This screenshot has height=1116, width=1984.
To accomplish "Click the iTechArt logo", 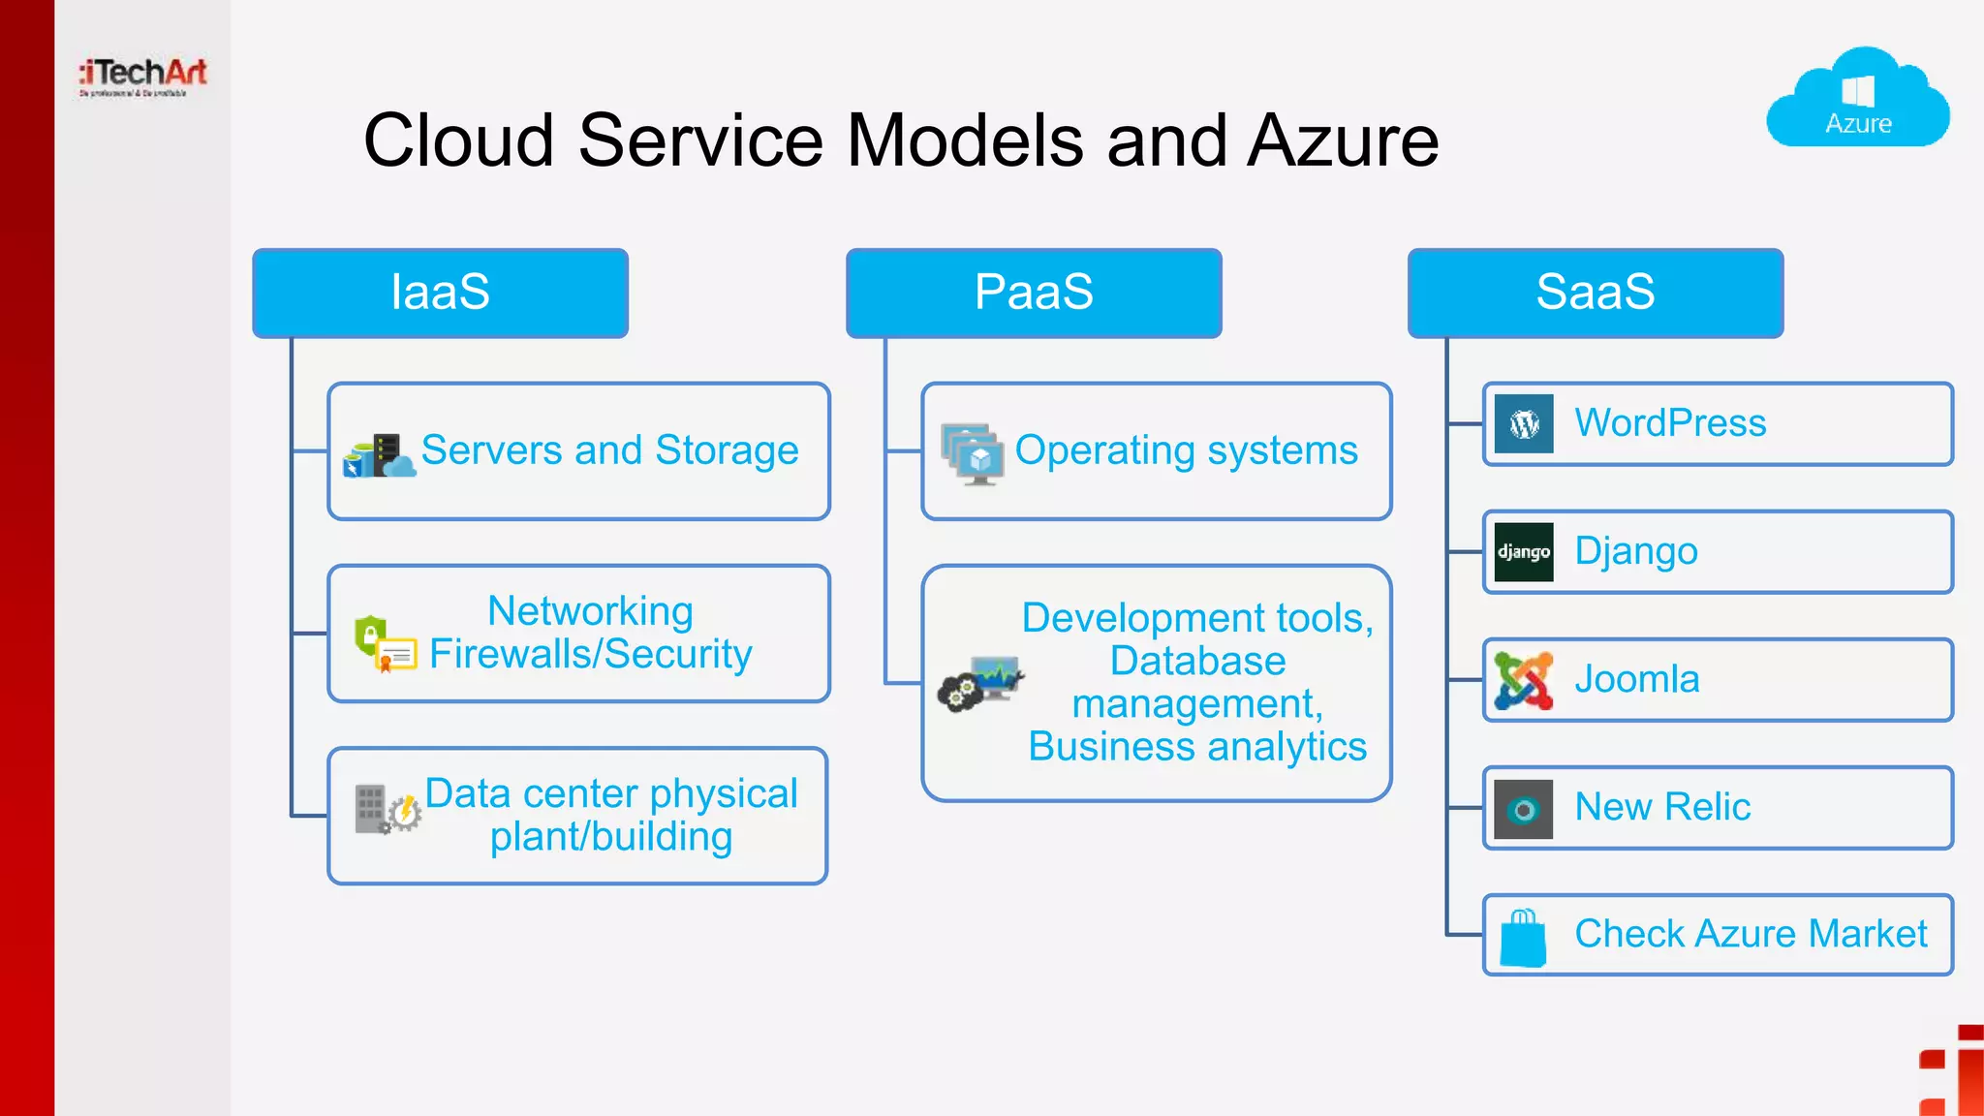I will (143, 76).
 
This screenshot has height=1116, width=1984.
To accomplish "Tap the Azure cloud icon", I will (1858, 100).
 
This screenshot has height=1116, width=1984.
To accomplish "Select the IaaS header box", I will (440, 293).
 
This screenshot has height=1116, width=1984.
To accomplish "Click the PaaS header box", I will (1034, 293).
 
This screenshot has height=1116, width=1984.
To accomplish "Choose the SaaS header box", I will (1595, 293).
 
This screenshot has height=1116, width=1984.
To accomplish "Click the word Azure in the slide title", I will (1343, 141).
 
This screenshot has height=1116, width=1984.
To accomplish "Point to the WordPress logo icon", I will (1524, 424).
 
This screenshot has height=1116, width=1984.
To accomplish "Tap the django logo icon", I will (1524, 552).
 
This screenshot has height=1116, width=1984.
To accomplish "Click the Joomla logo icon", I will (1524, 680).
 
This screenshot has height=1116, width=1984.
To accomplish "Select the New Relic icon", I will (1524, 809).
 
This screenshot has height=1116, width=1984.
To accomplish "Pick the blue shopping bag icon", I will (1523, 938).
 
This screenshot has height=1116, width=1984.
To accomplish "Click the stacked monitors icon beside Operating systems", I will (972, 453).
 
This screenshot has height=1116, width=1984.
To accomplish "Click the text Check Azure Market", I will (1751, 934).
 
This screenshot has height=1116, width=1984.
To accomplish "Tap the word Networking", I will (590, 611).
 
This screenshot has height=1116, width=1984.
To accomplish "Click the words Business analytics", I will (1197, 747).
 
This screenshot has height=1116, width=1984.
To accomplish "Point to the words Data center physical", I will (611, 793).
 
